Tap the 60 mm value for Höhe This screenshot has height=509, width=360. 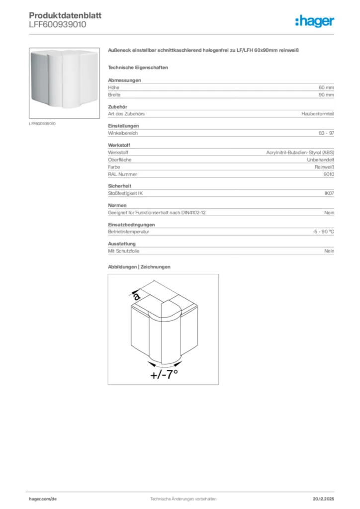coord(326,87)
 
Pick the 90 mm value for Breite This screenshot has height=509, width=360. coord(326,94)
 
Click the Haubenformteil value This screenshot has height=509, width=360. coord(318,114)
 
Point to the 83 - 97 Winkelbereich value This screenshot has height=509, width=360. coord(326,133)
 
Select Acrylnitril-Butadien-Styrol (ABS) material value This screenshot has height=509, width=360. coord(300,153)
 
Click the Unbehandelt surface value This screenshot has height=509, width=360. coord(320,160)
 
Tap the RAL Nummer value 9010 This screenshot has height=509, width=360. coord(329,174)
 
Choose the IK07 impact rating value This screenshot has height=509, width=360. coord(329,193)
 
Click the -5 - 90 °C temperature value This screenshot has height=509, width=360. coord(320,232)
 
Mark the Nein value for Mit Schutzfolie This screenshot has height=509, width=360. coord(329,251)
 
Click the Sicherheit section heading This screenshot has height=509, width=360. coord(119,186)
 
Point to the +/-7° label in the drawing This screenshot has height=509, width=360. coord(165,375)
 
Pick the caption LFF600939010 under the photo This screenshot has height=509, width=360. coord(42,123)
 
